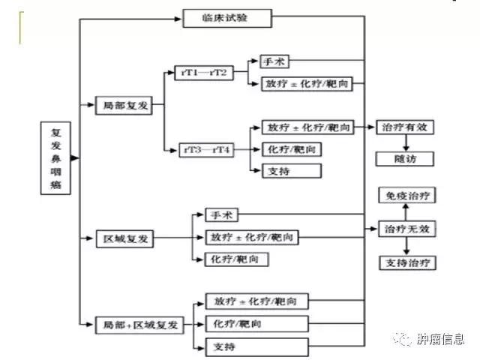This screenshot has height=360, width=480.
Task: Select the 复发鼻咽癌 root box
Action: click(x=55, y=159)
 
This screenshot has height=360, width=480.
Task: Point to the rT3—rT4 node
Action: click(x=206, y=150)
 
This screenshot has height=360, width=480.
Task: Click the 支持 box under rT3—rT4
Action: click(x=291, y=172)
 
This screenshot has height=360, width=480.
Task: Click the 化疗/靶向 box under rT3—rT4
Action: click(x=291, y=149)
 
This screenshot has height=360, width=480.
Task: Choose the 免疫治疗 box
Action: click(x=407, y=196)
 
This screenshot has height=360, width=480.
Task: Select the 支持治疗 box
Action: click(x=407, y=263)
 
